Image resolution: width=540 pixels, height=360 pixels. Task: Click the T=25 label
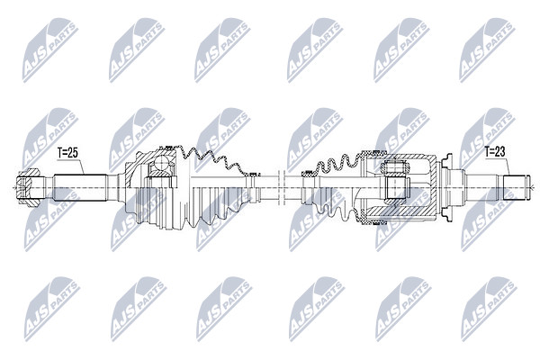[x=68, y=153]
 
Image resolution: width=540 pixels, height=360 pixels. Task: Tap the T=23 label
[x=495, y=151]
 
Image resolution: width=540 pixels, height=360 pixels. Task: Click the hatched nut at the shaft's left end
[x=28, y=187]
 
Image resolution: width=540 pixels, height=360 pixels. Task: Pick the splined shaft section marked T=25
[x=80, y=188]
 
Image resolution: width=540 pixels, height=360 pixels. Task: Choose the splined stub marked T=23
[x=514, y=188]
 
